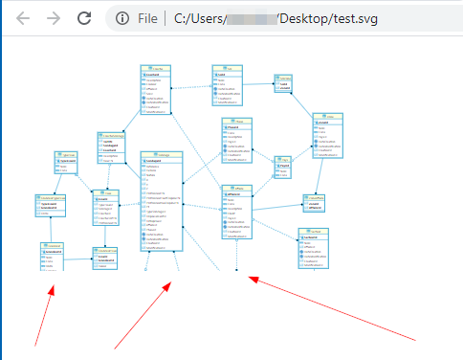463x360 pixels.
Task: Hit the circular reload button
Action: click(85, 18)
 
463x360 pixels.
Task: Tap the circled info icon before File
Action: click(122, 18)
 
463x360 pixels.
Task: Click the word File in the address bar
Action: click(147, 18)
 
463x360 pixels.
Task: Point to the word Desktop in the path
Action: click(309, 18)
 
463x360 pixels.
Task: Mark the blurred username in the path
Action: click(252, 18)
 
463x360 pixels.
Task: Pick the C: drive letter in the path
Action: click(181, 18)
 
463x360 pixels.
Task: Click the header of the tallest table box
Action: click(161, 155)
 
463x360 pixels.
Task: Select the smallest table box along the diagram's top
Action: click(284, 83)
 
